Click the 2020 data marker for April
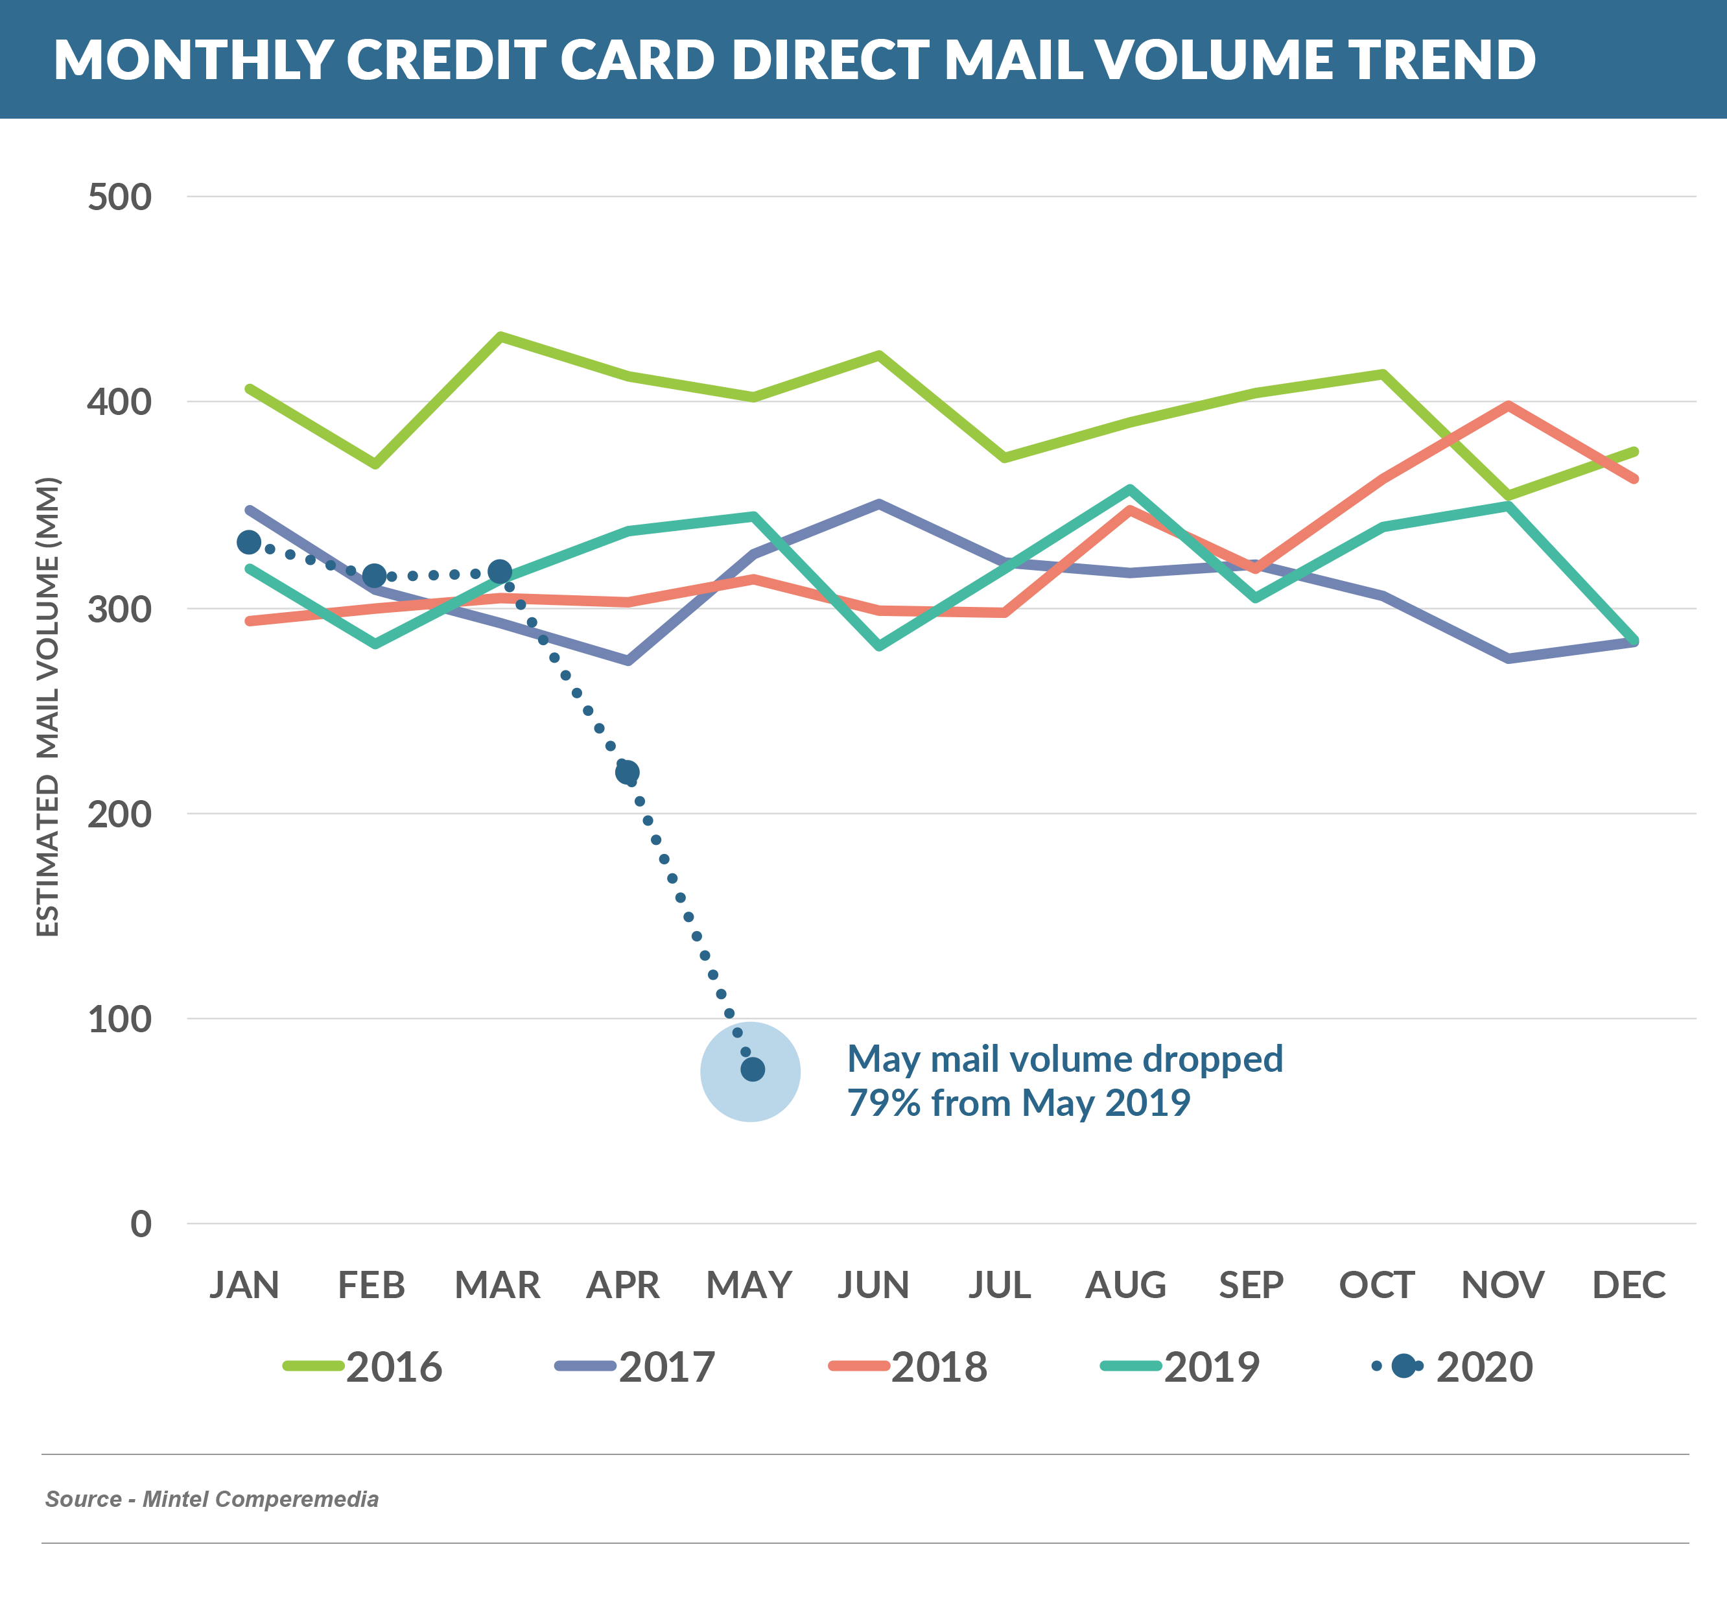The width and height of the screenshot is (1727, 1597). [628, 772]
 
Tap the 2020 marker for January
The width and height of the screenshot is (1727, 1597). [249, 543]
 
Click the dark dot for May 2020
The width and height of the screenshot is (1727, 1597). [753, 1070]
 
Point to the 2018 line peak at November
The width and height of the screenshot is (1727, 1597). [1508, 405]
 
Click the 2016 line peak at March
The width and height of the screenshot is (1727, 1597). [502, 336]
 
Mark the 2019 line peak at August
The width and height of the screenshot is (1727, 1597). [1129, 489]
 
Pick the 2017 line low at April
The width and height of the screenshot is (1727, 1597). [628, 661]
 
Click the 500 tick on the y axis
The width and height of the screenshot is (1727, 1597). [119, 197]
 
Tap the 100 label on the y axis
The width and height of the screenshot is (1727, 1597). [119, 1020]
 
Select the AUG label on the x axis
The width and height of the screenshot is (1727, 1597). [1125, 1285]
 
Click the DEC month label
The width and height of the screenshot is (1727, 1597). [1628, 1285]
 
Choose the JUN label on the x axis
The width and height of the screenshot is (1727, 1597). [873, 1285]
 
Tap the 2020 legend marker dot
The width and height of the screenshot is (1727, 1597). [1404, 1366]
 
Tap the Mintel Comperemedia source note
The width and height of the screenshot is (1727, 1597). [212, 1498]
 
